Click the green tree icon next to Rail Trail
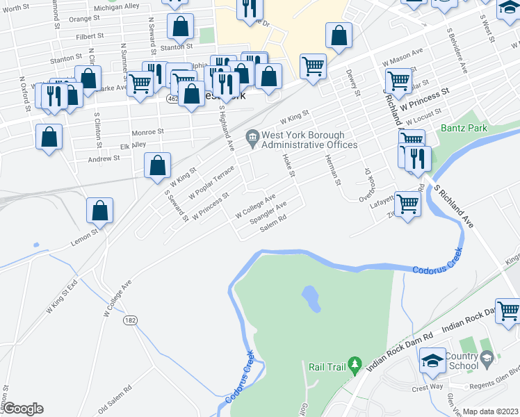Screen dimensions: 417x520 355,363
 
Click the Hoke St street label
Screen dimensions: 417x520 289,165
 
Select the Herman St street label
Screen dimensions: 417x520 333,169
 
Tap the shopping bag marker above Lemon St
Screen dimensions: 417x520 100,211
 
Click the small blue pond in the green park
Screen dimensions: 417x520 311,299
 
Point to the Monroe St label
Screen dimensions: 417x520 147,131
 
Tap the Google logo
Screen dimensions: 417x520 23,409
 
